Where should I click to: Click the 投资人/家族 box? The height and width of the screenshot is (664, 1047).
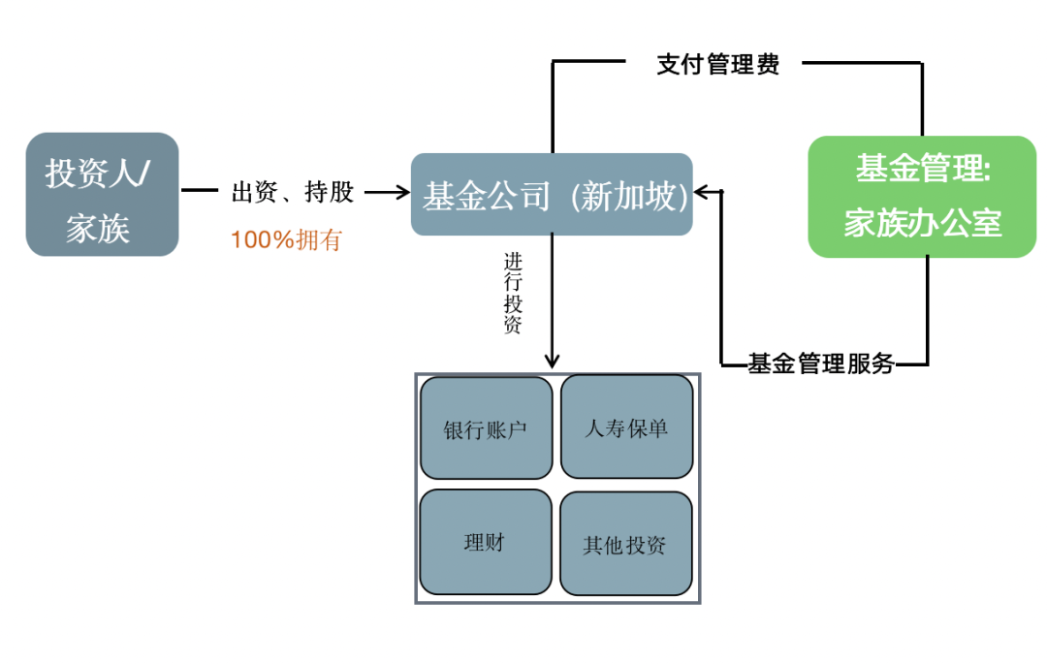[102, 194]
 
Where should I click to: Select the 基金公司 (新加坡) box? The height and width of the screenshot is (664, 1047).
[552, 195]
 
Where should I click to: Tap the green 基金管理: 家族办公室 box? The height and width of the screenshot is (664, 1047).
[922, 196]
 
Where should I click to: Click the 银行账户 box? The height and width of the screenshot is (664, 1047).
[486, 427]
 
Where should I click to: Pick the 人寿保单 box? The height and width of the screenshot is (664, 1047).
[626, 427]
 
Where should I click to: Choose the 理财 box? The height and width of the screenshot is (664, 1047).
[486, 542]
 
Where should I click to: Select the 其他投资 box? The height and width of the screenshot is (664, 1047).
[626, 544]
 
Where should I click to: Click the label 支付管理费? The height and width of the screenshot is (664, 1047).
[717, 65]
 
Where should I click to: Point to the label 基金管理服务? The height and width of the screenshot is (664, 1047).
[820, 364]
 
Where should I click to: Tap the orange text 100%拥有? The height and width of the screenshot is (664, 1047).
[286, 239]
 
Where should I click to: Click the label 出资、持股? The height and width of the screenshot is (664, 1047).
[293, 192]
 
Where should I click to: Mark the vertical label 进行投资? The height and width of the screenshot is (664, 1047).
[513, 293]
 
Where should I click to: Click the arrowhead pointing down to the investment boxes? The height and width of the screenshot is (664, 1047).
[552, 360]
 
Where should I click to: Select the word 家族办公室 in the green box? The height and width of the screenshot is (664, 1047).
[922, 223]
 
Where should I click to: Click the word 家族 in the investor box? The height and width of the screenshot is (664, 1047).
[98, 228]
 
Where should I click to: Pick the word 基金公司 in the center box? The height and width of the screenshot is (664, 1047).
[487, 197]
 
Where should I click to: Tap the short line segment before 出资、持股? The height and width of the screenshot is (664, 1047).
[200, 192]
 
